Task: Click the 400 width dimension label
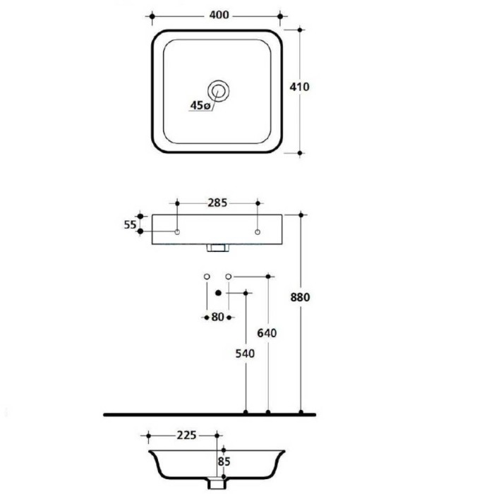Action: point(219,15)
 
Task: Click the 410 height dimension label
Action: point(299,87)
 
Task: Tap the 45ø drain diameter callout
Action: point(200,106)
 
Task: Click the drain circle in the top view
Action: point(218,91)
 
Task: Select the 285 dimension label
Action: point(217,203)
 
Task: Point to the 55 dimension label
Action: point(130,225)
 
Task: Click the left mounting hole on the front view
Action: point(177,232)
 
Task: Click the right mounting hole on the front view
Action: point(258,232)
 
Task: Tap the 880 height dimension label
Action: point(300,297)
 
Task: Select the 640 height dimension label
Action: point(267,333)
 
